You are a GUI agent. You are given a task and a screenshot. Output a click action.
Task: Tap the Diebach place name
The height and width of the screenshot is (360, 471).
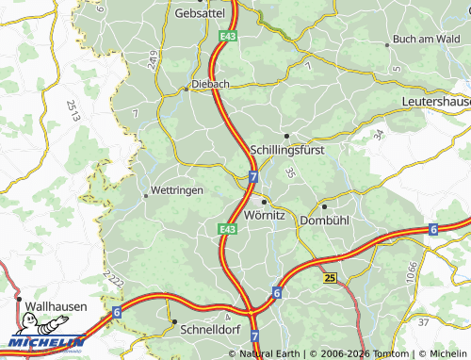click(x=210, y=83)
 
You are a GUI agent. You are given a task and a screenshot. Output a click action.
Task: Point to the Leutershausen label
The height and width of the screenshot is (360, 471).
click(x=435, y=100)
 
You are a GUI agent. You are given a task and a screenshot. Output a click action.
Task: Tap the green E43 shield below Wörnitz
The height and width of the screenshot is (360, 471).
click(x=227, y=229)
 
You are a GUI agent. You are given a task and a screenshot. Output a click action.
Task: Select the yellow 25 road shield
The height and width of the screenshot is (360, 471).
click(x=329, y=278)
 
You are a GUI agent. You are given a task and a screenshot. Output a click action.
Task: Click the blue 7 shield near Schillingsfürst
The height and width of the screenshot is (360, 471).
click(x=254, y=176)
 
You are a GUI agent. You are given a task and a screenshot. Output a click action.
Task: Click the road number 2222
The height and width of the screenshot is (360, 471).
click(x=115, y=278)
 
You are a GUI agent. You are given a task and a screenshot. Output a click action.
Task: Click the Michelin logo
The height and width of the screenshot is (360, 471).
click(x=45, y=342)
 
